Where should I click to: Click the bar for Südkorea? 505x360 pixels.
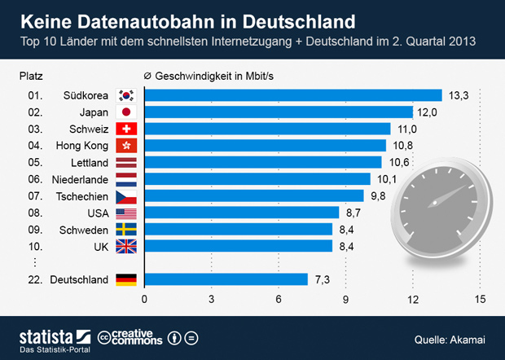293,95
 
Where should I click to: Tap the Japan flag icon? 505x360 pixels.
126,112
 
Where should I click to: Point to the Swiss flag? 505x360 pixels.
126,129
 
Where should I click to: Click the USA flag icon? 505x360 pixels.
126,213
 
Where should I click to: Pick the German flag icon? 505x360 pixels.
126,279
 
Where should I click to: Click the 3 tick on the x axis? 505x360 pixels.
212,300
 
